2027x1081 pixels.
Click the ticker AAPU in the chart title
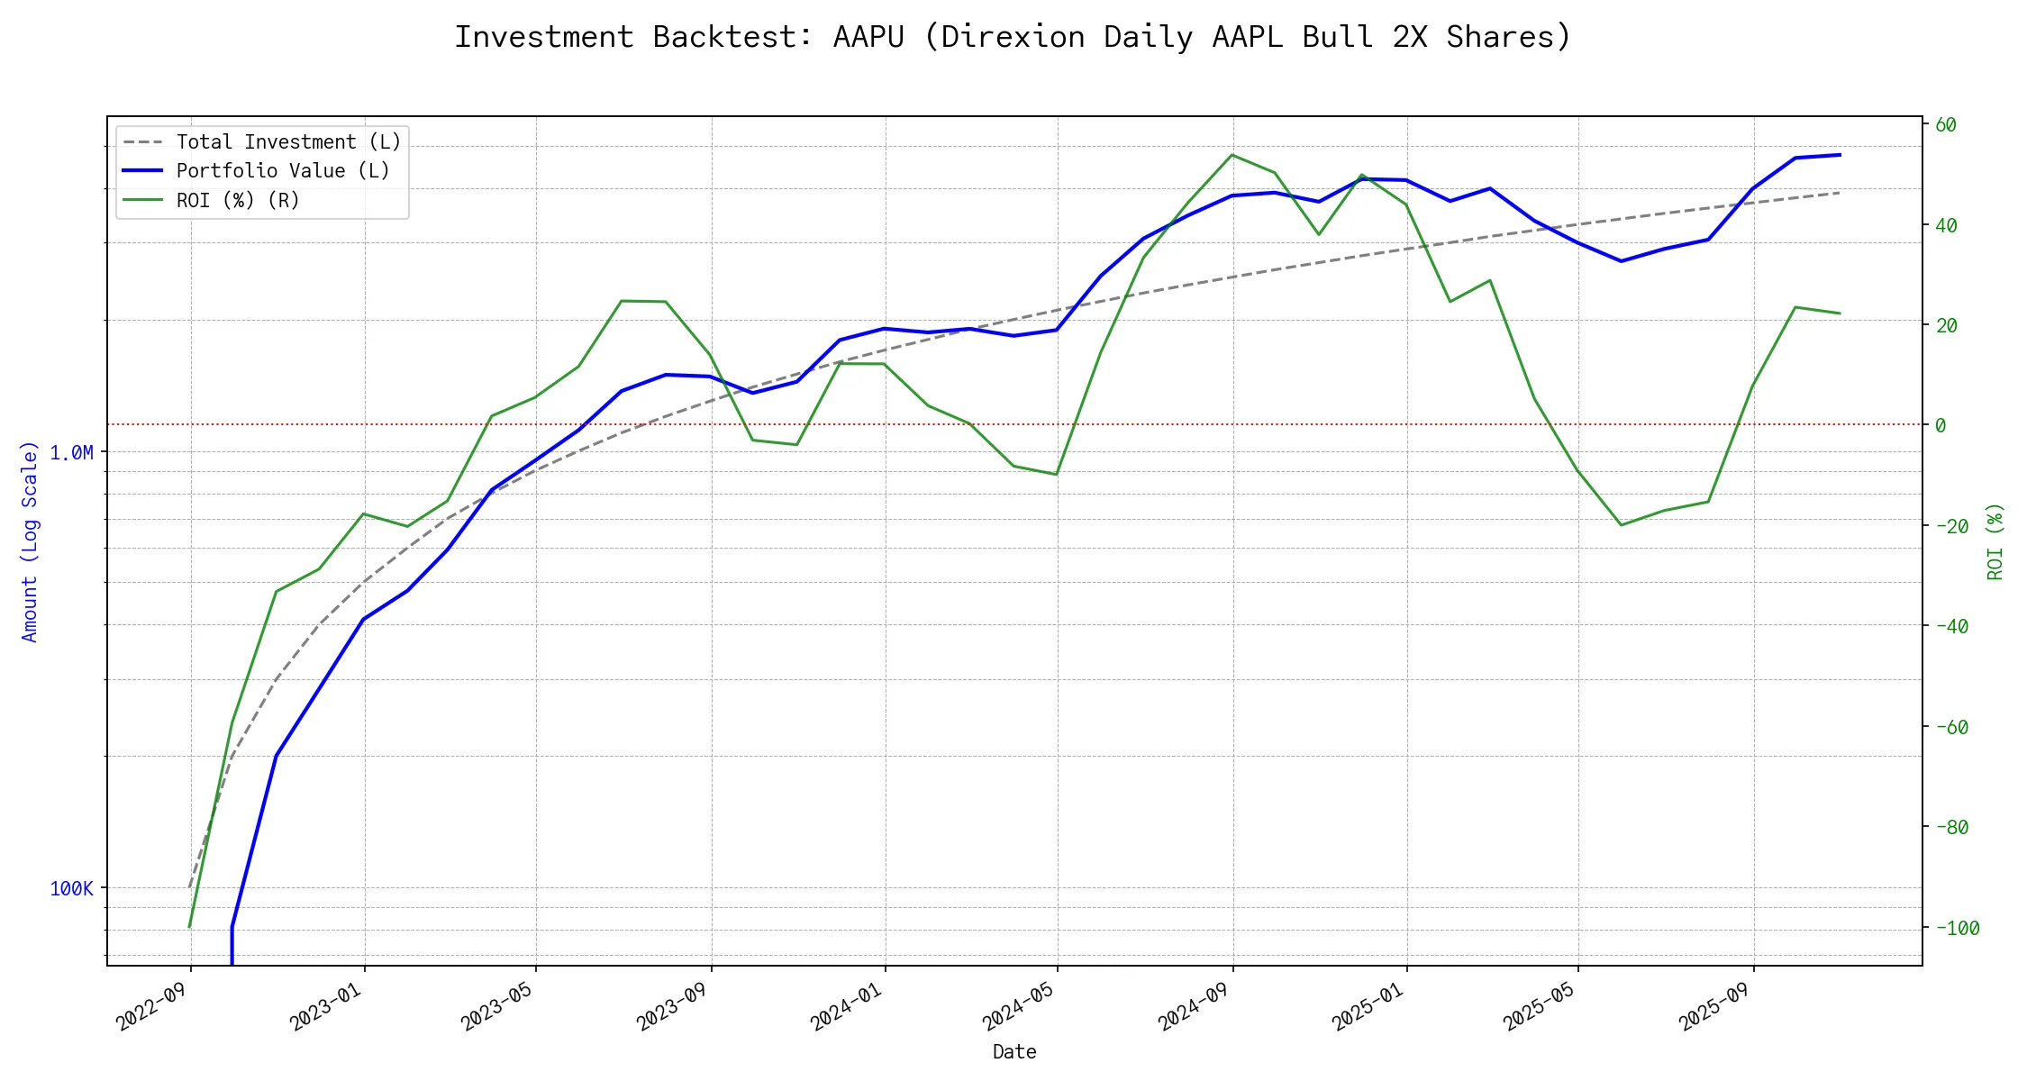pyautogui.click(x=868, y=37)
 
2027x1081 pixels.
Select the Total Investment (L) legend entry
pyautogui.click(x=288, y=142)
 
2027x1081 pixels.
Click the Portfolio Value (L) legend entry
pyautogui.click(x=283, y=171)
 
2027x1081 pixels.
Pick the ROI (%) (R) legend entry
pyautogui.click(x=238, y=200)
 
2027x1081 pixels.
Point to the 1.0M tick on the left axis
pyautogui.click(x=72, y=452)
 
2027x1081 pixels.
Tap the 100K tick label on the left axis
pyautogui.click(x=72, y=889)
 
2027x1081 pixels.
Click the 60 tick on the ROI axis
pyautogui.click(x=1946, y=125)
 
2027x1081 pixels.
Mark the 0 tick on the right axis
pyautogui.click(x=1941, y=425)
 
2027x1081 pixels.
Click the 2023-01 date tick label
pyautogui.click(x=326, y=1005)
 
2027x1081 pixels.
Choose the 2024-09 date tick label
pyautogui.click(x=1195, y=1005)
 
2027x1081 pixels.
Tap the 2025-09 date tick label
pyautogui.click(x=1714, y=1005)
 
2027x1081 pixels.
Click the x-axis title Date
pyautogui.click(x=1014, y=1052)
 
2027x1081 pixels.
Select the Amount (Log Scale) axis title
pyautogui.click(x=30, y=541)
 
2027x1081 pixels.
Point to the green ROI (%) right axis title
pyautogui.click(x=1995, y=541)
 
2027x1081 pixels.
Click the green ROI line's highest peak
pyautogui.click(x=1232, y=155)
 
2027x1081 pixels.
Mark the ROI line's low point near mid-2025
pyautogui.click(x=1622, y=525)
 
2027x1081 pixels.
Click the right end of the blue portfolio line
pyautogui.click(x=1840, y=155)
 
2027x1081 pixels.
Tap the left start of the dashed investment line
pyautogui.click(x=190, y=887)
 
